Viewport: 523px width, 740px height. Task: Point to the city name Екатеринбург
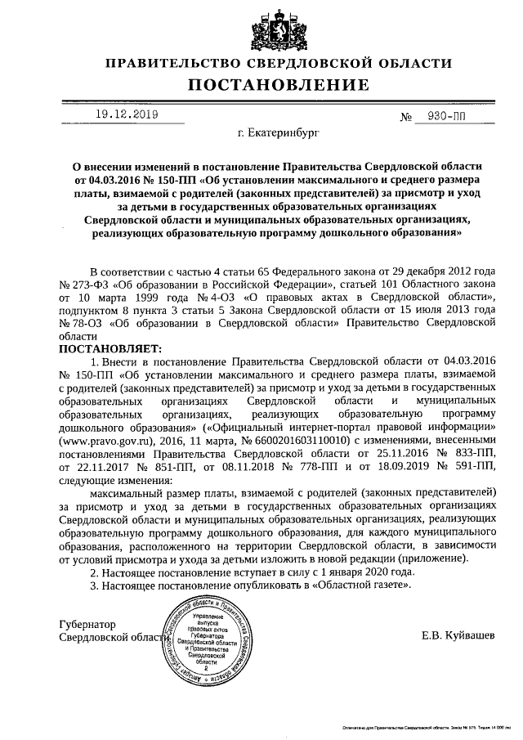tap(277, 131)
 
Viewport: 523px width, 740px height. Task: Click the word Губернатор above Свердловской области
tap(89, 624)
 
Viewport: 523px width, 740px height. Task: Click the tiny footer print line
tap(425, 726)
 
